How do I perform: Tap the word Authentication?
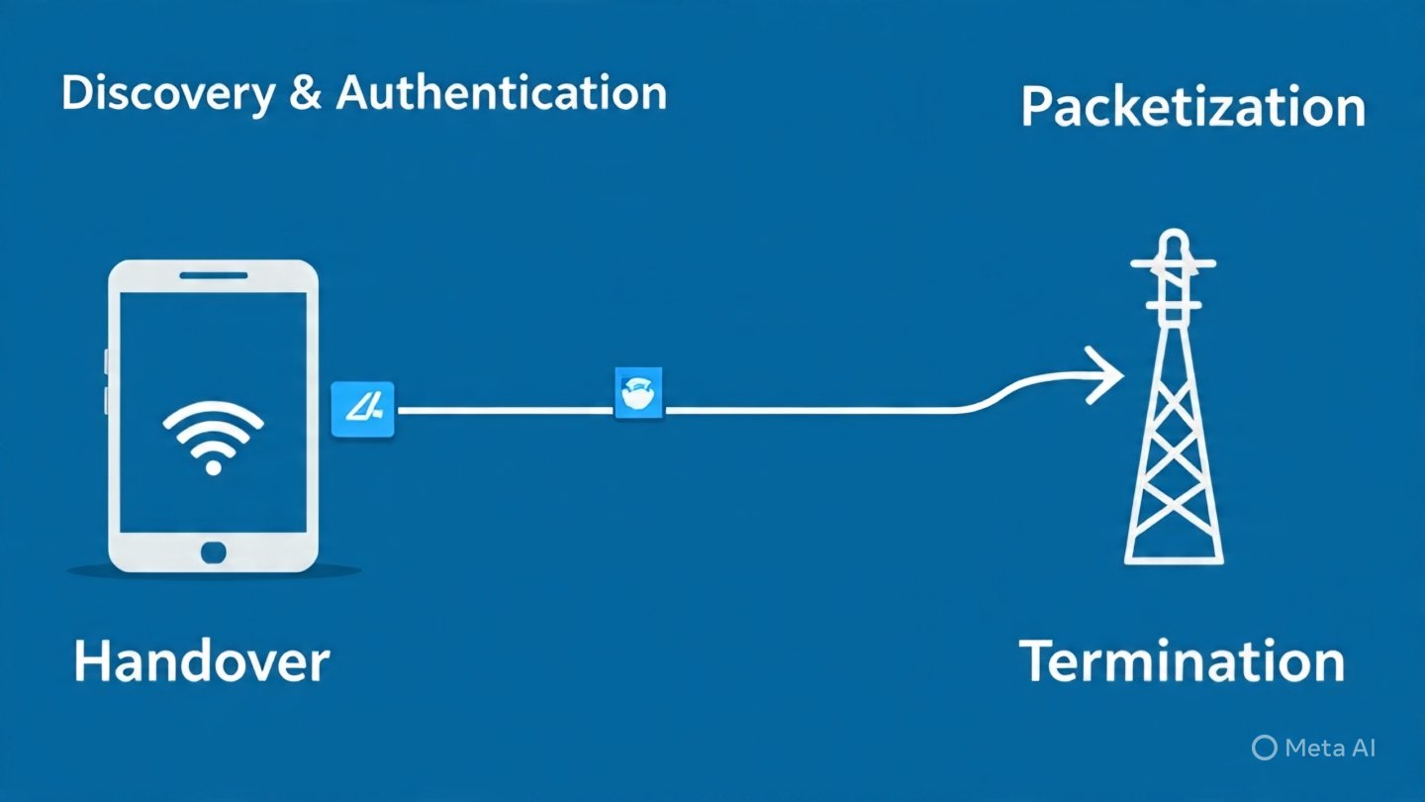pyautogui.click(x=502, y=94)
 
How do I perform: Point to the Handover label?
pyautogui.click(x=201, y=660)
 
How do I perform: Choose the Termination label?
pyautogui.click(x=1182, y=660)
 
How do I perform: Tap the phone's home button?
pyautogui.click(x=213, y=551)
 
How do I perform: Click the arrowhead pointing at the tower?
pyautogui.click(x=1105, y=375)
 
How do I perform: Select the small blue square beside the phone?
pyautogui.click(x=362, y=409)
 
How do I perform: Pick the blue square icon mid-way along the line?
pyautogui.click(x=638, y=393)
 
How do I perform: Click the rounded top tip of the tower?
pyautogui.click(x=1174, y=242)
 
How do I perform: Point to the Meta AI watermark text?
pyautogui.click(x=1329, y=748)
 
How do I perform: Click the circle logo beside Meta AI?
pyautogui.click(x=1264, y=748)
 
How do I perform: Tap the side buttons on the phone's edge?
pyautogui.click(x=107, y=381)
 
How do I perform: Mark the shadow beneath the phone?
pyautogui.click(x=213, y=571)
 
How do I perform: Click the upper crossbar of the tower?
pyautogui.click(x=1174, y=264)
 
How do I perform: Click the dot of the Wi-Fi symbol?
pyautogui.click(x=213, y=466)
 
